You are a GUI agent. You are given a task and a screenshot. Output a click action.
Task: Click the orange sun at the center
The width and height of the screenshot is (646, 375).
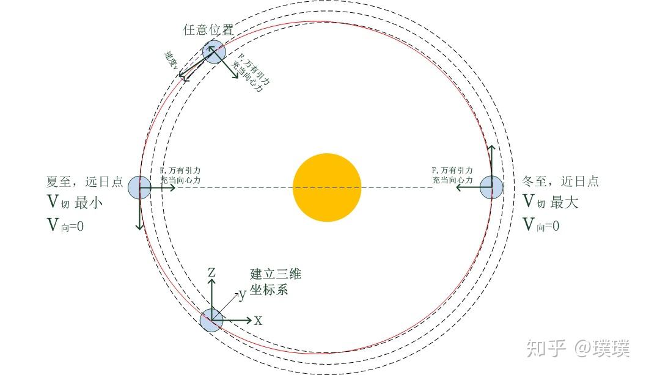point(327,187)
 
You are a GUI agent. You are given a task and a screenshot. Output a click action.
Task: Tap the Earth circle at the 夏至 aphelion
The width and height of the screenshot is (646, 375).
point(139,187)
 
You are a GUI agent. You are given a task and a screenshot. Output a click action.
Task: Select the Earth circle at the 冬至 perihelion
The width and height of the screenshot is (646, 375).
point(491,187)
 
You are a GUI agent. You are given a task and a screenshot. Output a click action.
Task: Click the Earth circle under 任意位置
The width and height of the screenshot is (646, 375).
point(214,51)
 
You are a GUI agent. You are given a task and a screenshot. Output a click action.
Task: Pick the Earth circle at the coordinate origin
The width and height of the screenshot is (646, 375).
point(211,320)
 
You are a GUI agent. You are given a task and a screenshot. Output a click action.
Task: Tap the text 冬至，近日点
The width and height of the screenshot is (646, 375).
point(560,181)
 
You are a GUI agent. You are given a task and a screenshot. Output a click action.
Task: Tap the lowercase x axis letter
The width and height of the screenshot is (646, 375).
point(259,320)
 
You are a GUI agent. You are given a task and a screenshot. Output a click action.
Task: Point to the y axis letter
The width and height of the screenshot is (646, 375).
point(242,295)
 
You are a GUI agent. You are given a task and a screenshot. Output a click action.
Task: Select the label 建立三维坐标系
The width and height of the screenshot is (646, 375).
point(275,282)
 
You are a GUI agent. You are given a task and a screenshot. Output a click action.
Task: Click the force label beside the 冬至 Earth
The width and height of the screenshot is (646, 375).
point(452,175)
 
